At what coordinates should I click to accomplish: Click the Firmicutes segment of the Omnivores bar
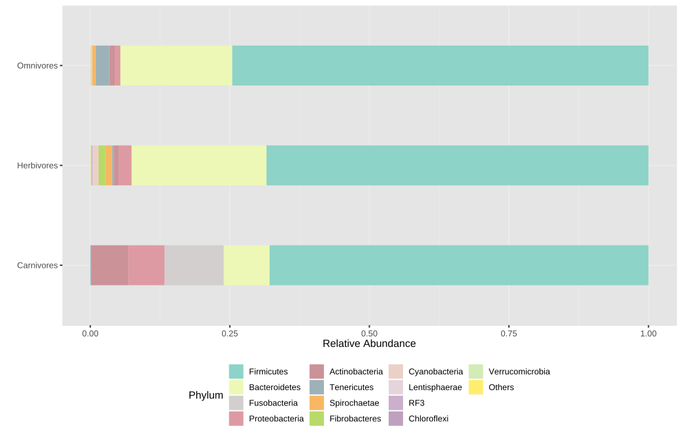point(440,65)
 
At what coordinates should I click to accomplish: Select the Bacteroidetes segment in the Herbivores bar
point(199,165)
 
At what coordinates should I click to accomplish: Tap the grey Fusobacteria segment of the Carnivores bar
point(194,265)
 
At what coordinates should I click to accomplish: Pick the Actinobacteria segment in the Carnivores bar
point(109,265)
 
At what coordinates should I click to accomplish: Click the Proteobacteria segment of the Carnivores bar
point(146,265)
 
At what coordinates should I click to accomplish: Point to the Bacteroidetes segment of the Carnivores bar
point(246,265)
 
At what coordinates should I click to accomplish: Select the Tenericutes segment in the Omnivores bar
point(103,65)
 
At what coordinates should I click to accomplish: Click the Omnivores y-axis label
point(37,66)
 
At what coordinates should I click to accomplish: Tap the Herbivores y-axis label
point(37,166)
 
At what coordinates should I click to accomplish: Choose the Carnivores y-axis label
point(37,266)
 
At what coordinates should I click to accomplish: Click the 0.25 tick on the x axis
point(230,333)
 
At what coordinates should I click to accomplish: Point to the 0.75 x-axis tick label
point(509,333)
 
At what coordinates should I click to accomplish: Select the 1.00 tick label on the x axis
point(648,333)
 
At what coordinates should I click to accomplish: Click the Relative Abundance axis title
point(369,344)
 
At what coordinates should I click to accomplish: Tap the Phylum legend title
point(206,395)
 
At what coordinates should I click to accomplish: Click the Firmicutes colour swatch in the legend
point(236,372)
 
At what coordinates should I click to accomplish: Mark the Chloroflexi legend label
point(428,419)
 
